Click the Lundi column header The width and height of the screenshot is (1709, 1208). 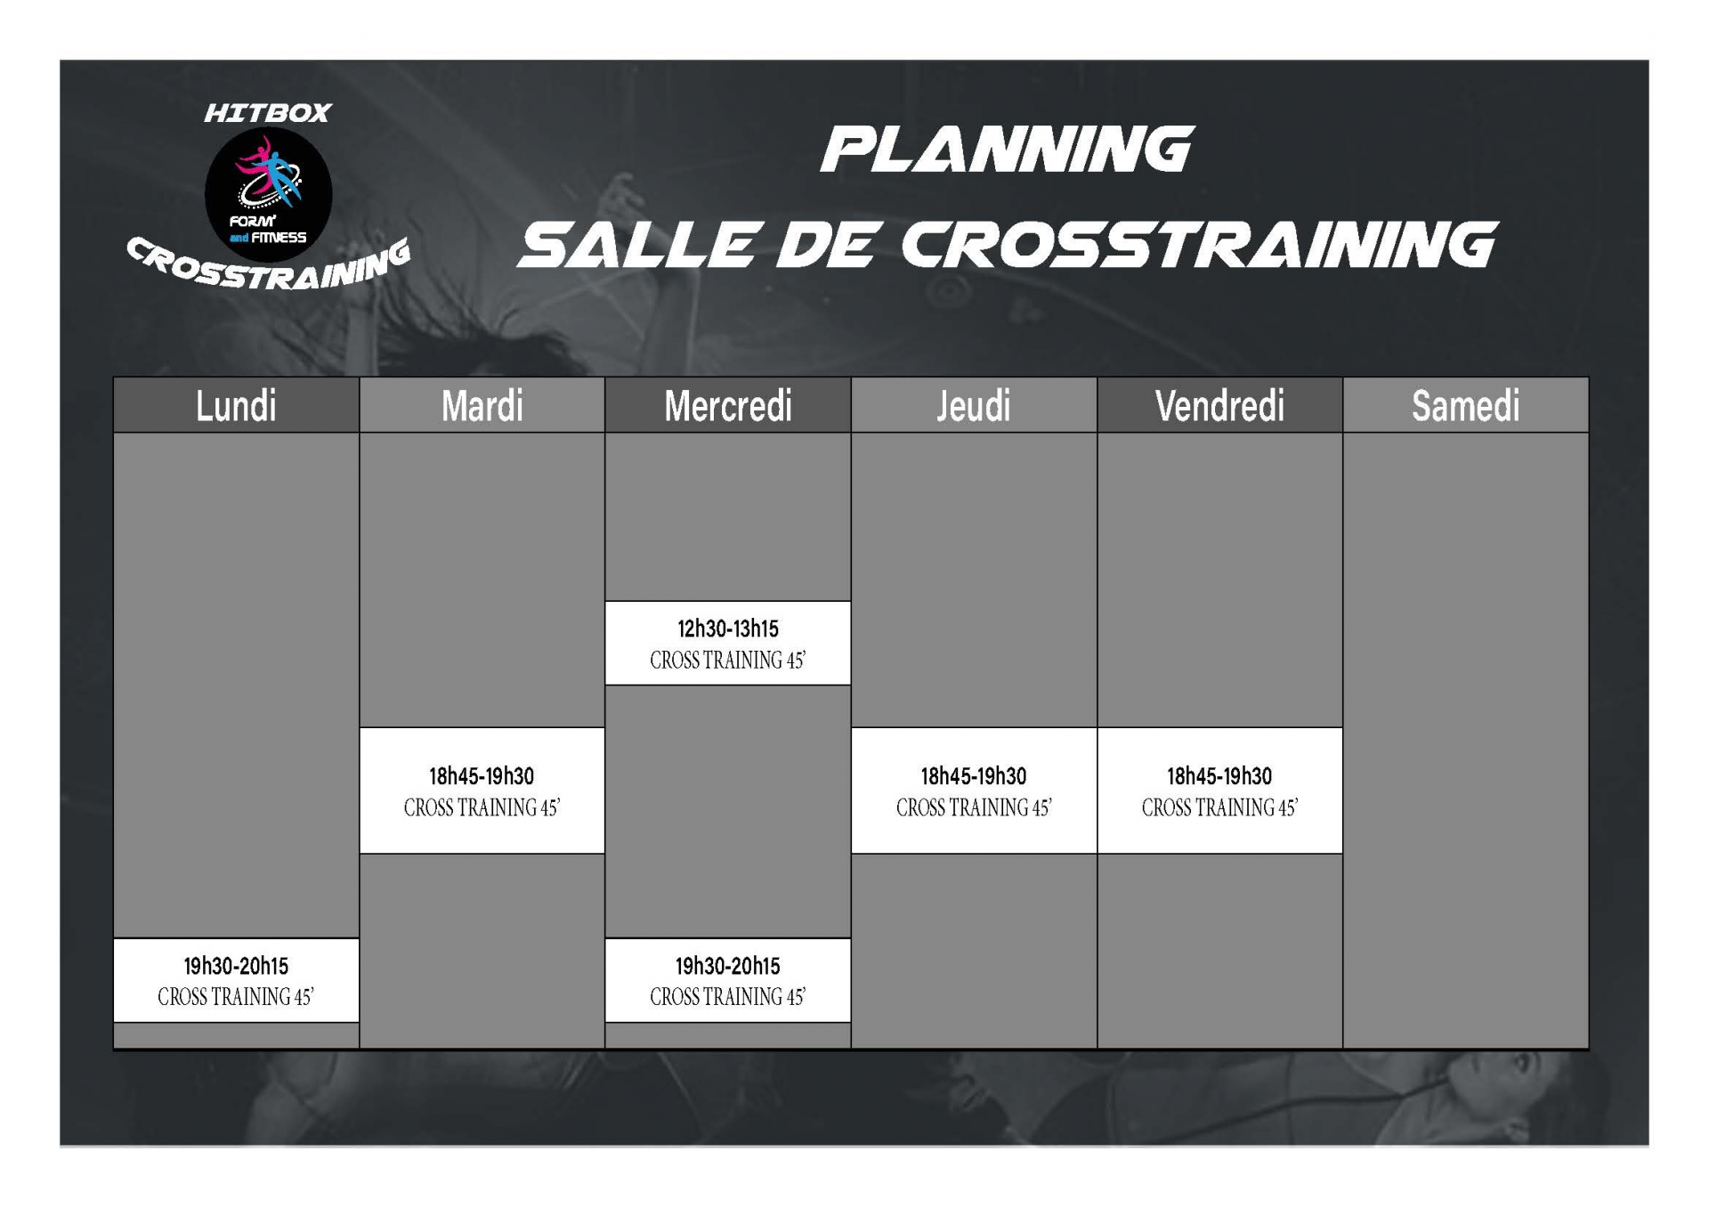tap(236, 406)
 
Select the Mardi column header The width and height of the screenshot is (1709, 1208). tap(482, 406)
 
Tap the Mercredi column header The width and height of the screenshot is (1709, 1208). tap(728, 406)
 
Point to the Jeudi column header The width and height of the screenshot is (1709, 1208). tap(974, 406)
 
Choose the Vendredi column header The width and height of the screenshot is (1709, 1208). tap(1220, 406)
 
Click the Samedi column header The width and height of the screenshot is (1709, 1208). tap(1466, 406)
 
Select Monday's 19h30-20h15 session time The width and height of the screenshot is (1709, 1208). tap(236, 966)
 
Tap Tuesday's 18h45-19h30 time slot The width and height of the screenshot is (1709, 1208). tap(482, 776)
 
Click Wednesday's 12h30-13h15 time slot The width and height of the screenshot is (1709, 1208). tap(728, 629)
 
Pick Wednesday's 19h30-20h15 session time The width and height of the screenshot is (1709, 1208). tap(728, 966)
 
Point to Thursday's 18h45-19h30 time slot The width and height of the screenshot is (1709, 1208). tap(974, 776)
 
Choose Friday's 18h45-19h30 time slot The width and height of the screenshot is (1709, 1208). tap(1219, 776)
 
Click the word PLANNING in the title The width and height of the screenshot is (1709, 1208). tap(1007, 149)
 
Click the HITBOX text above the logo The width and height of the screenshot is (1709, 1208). tap(268, 113)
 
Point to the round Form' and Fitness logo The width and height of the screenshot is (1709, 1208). tap(268, 194)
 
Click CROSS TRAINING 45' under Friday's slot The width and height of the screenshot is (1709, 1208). tap(1219, 807)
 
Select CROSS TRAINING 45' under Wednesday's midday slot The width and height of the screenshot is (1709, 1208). tap(728, 661)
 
